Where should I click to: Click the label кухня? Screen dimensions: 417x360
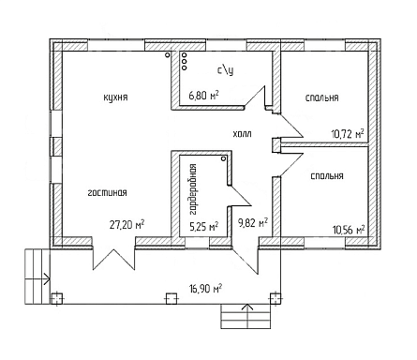pos(115,97)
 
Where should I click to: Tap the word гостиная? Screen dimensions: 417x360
pos(107,193)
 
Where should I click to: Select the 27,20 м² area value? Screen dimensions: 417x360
pos(127,224)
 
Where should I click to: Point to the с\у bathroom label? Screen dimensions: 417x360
pos(226,70)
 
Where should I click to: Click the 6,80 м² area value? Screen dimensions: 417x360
pos(203,95)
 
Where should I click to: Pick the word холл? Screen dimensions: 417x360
pos(242,134)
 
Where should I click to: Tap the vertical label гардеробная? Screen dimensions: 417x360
pos(193,189)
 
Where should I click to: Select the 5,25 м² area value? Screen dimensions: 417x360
pos(204,226)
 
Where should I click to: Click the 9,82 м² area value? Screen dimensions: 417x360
pos(253,223)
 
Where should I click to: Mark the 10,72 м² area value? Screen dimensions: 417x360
pos(348,134)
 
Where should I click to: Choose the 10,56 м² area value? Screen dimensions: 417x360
pos(349,230)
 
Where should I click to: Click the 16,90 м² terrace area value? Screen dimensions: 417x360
pos(205,288)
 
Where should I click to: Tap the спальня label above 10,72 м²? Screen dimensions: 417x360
pos(321,97)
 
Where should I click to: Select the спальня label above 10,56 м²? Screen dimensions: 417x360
pos(327,176)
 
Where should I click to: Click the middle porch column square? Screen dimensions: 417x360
pos(171,298)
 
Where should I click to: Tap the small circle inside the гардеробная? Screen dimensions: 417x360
pos(223,158)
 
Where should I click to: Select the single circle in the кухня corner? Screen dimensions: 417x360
pos(168,55)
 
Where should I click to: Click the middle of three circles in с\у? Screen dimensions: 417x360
pos(184,61)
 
